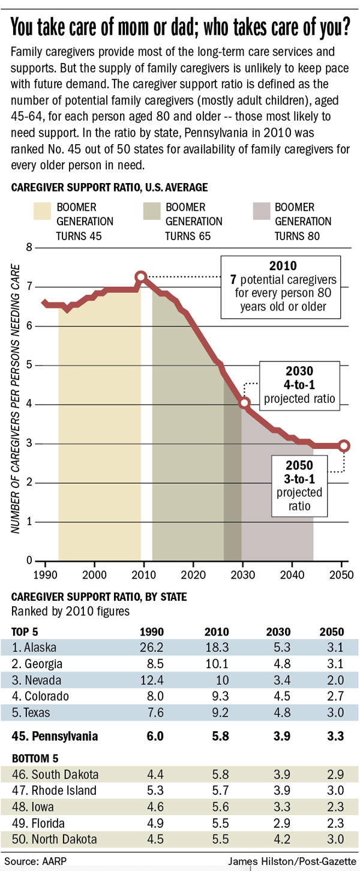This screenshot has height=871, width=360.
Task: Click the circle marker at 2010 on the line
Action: coord(141,277)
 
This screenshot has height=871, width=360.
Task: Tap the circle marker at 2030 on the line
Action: coord(244,403)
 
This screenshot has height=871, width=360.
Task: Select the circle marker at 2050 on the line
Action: coord(344,445)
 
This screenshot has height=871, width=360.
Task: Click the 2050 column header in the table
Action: coord(332,631)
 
